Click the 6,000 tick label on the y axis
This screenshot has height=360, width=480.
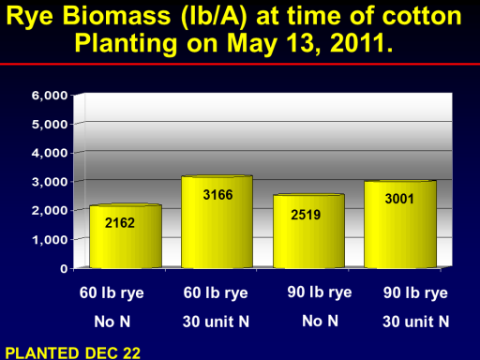tap(50, 96)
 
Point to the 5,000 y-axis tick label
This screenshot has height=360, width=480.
tap(50, 125)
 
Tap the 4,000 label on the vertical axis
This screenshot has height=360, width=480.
tap(50, 153)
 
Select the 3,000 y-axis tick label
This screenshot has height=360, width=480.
tap(50, 182)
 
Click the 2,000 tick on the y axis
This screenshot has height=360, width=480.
tap(50, 211)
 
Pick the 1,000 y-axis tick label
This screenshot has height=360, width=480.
tap(50, 240)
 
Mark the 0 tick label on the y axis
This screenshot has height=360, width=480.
tap(64, 268)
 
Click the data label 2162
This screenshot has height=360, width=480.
tap(120, 223)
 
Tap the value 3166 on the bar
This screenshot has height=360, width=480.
tap(217, 195)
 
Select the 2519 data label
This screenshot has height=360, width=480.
tap(306, 215)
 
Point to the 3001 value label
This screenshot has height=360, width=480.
tap(399, 199)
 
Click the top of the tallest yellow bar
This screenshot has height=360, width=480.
tap(217, 177)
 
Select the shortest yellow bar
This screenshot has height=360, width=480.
tap(126, 236)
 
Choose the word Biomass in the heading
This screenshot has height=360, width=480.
tap(116, 16)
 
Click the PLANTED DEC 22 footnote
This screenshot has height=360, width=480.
tap(73, 353)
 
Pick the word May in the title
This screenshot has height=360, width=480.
tap(252, 44)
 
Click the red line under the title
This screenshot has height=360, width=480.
tap(240, 64)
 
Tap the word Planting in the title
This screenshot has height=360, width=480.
tap(127, 44)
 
